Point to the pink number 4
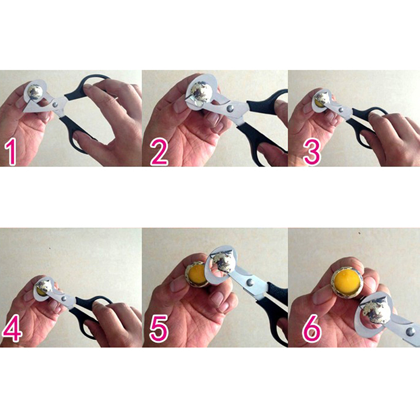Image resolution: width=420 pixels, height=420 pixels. [x=12, y=328]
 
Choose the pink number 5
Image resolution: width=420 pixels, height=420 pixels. [x=159, y=328]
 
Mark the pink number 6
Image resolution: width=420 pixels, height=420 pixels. [x=311, y=328]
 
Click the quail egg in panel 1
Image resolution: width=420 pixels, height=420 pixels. [x=35, y=92]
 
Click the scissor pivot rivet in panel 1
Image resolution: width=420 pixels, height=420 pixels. [x=55, y=104]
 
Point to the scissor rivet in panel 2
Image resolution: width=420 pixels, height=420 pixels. [x=229, y=109]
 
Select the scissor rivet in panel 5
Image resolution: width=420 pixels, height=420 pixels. [x=250, y=282]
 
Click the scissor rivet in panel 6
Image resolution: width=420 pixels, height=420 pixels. [x=411, y=332]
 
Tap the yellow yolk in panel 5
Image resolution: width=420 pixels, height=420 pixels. [x=198, y=275]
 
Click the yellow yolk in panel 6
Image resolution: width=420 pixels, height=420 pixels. [x=348, y=280]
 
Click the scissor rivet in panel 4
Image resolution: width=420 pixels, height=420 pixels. [x=64, y=298]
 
